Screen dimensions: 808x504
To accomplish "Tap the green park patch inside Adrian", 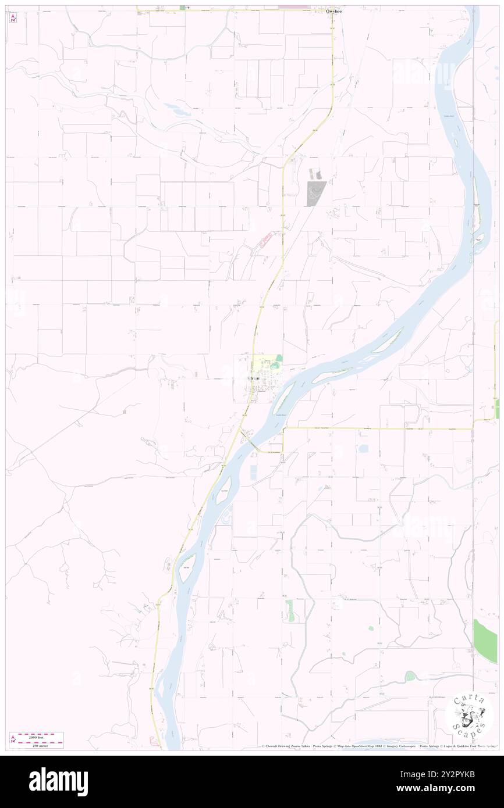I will pos(279,359).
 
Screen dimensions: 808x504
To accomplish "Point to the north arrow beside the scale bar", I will pos(13,739).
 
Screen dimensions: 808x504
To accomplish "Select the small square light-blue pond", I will pos(364,449).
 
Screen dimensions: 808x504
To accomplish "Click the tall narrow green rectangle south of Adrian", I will pos(290,610).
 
